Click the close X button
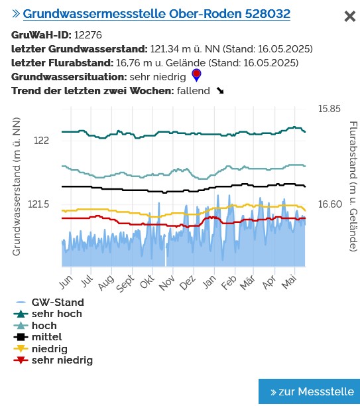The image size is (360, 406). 349,17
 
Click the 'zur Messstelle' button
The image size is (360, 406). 309,391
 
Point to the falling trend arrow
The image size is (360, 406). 220,91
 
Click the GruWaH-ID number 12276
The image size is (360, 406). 88,35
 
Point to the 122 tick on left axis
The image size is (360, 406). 41,141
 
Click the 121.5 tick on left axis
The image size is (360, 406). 40,204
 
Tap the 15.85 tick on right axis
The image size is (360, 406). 329,109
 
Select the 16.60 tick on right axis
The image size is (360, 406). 330,204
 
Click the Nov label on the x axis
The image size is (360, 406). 166,283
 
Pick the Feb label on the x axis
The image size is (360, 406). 228,283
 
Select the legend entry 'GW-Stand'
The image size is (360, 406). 58,303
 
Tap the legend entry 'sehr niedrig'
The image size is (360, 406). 62,360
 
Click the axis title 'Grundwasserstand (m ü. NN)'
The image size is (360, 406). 17,187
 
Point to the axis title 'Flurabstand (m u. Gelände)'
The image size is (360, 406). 353,186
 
